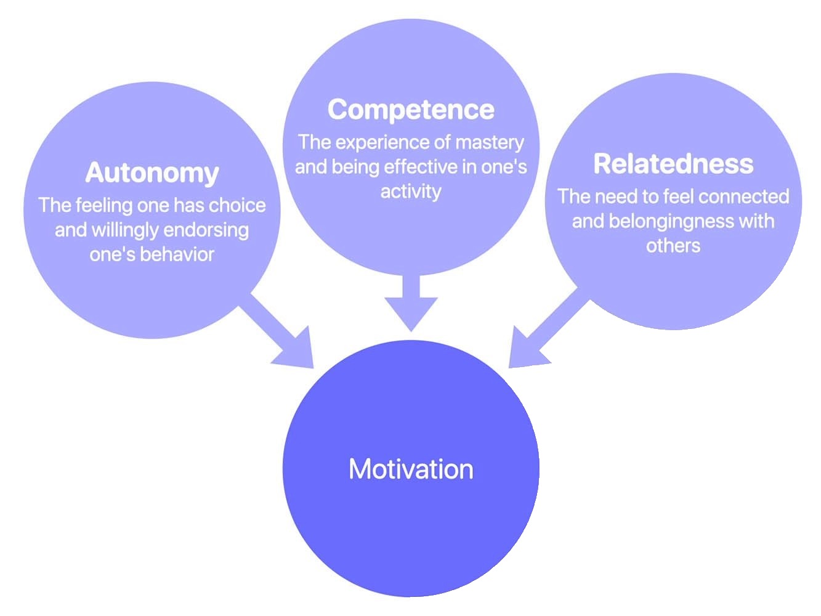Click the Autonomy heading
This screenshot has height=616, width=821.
point(152,172)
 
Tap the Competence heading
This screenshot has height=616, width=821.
point(411,110)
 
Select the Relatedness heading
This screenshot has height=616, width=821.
point(673,164)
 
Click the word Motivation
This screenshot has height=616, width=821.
point(411,469)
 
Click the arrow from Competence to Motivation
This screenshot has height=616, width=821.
point(411,302)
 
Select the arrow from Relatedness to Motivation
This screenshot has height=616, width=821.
point(545,333)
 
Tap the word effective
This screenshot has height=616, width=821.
point(421,167)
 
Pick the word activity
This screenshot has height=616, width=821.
point(411,192)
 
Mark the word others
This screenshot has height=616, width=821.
point(673,246)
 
